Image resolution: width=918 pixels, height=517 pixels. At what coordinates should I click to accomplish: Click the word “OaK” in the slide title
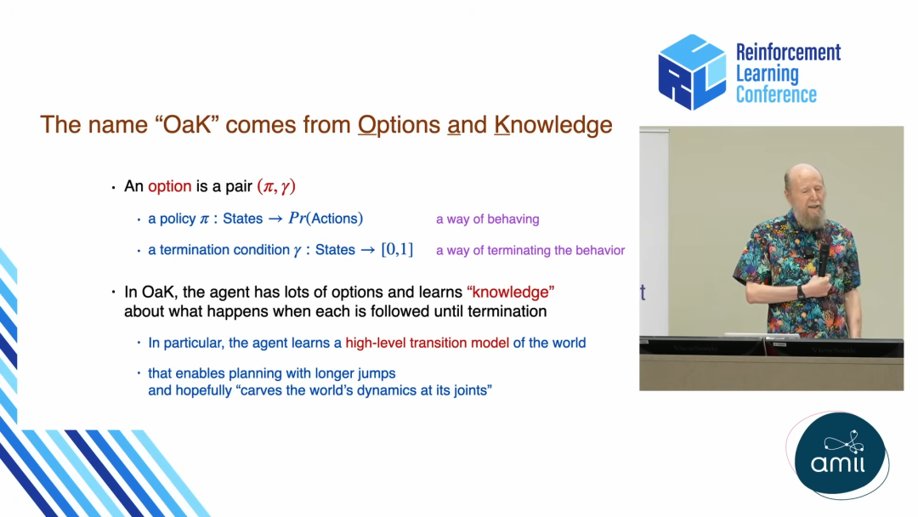click(187, 125)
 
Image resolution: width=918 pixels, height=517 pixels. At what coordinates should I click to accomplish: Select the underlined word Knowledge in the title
click(553, 125)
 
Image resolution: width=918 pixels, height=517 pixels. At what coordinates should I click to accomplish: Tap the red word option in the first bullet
click(170, 186)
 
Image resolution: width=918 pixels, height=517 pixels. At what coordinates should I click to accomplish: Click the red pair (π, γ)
click(276, 186)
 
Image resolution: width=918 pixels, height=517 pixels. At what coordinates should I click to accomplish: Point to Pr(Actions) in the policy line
click(326, 219)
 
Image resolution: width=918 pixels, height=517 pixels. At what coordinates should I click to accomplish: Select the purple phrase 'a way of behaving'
click(488, 219)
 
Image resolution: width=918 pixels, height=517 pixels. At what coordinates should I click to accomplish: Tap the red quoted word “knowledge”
click(511, 292)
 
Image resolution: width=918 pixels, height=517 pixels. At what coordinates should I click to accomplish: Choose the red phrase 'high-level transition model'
click(428, 343)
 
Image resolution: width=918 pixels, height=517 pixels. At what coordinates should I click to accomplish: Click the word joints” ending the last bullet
click(473, 390)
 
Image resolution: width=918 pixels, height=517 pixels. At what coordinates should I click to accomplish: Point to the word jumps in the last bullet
click(377, 373)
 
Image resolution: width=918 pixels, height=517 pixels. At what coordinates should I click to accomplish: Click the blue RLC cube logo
click(691, 72)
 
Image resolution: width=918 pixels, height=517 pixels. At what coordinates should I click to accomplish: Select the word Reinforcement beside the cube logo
click(788, 52)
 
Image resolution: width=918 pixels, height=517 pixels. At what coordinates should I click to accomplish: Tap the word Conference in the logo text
click(776, 94)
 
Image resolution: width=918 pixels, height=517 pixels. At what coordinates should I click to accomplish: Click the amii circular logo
click(840, 455)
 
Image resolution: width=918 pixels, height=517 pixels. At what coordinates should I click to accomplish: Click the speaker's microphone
click(824, 258)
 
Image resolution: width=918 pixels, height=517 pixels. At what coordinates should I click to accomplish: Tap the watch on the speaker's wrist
click(801, 293)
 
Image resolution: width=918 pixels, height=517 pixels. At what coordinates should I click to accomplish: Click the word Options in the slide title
click(399, 125)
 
